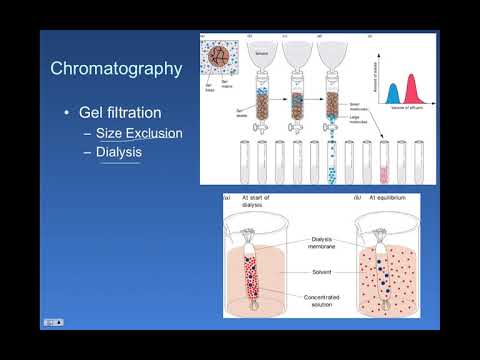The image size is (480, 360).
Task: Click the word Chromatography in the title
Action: [x=116, y=69]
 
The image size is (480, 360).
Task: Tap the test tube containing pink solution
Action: [x=385, y=165]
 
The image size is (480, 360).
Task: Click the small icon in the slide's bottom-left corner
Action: [x=53, y=322]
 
